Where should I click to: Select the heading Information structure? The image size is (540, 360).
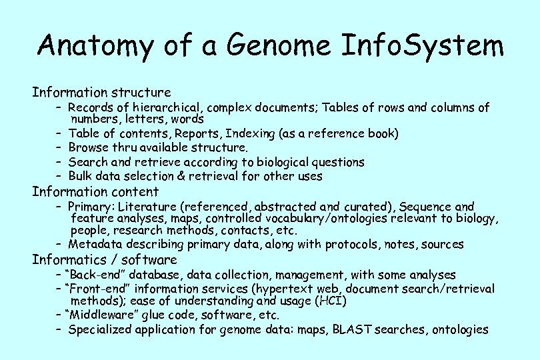[101, 92]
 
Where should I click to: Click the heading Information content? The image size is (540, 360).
[95, 192]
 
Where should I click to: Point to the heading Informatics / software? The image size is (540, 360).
[105, 259]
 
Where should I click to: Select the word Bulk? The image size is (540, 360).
[81, 177]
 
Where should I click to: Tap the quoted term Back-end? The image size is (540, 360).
[93, 275]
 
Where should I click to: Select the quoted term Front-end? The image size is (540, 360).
[96, 289]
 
